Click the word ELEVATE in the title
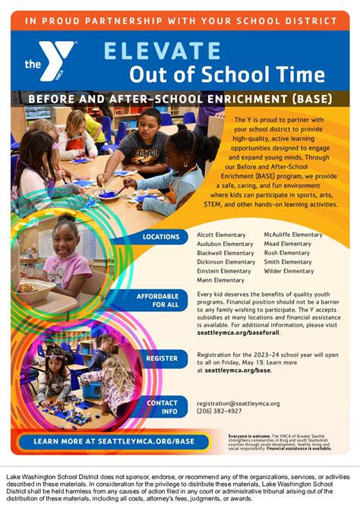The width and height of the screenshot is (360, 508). pos(162,51)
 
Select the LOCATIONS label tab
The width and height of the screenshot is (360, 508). pos(160,237)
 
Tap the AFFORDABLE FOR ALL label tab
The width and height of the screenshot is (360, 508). pos(158,300)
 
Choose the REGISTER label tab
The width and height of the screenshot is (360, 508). pos(162,358)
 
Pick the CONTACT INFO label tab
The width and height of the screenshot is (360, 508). pos(162,407)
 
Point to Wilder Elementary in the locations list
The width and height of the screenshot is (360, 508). pos(288,271)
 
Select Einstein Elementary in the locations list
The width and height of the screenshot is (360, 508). pos(224,271)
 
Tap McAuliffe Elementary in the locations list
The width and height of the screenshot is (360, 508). pos(293,235)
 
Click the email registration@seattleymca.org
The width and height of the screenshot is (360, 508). pos(238,404)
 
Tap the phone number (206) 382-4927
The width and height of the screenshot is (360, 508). pos(219,412)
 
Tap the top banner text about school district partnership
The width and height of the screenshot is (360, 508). pos(180,21)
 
